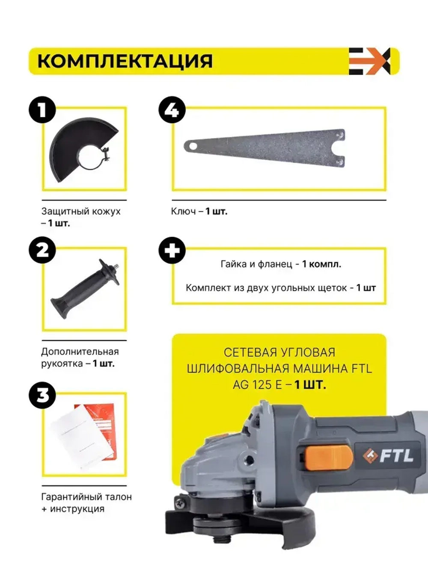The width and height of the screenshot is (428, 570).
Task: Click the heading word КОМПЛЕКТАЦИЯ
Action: click(125, 61)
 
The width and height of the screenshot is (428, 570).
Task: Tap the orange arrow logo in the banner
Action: click(369, 61)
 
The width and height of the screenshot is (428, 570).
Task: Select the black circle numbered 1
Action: click(42, 109)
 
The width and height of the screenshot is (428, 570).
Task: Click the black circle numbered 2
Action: click(42, 250)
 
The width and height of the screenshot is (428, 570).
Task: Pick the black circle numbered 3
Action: click(42, 396)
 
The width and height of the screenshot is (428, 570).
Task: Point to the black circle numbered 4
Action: click(172, 109)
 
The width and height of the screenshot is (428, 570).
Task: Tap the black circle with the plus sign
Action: click(172, 250)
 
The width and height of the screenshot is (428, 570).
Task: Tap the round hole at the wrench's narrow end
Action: click(193, 146)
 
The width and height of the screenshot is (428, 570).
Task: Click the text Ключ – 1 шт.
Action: click(199, 211)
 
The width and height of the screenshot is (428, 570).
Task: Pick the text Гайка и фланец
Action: click(256, 264)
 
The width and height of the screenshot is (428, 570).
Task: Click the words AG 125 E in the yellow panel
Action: click(257, 385)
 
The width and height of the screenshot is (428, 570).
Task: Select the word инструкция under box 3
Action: click(77, 509)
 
